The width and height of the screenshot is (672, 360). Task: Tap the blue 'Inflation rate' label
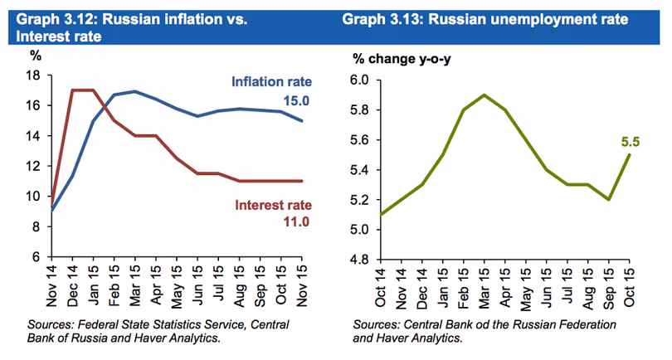tap(271, 81)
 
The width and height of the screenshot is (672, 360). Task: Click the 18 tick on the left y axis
tap(34, 75)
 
